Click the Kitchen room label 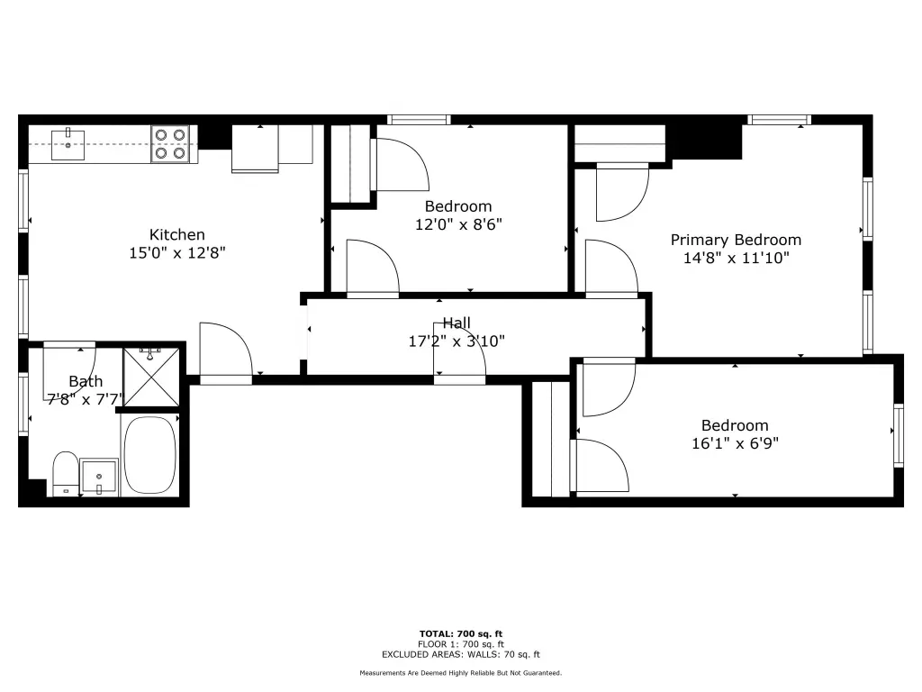pos(177,235)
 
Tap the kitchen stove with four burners pos(170,143)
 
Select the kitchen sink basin pos(68,145)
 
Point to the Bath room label pos(86,381)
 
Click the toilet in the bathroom pos(65,474)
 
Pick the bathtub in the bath pos(150,455)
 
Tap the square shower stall pos(151,378)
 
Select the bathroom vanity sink pos(99,477)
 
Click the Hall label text pos(456,323)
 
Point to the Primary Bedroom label pos(736,240)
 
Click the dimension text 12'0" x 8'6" pos(458,224)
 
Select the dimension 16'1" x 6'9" pos(735,443)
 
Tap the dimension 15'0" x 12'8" pos(177,253)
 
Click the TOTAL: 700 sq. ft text pos(461,633)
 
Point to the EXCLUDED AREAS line pos(461,654)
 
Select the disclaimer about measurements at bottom pos(461,672)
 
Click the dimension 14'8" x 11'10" pos(736,258)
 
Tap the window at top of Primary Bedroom pos(779,120)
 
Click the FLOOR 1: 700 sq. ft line pos(461,644)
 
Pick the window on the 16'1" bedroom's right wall pos(898,436)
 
